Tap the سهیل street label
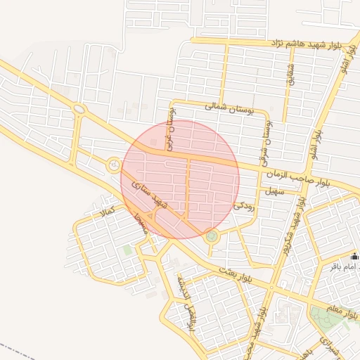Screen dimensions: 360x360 point(273,191)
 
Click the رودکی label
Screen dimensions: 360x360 point(243,207)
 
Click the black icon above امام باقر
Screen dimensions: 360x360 point(354,256)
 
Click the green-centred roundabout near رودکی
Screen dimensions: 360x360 point(212,237)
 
